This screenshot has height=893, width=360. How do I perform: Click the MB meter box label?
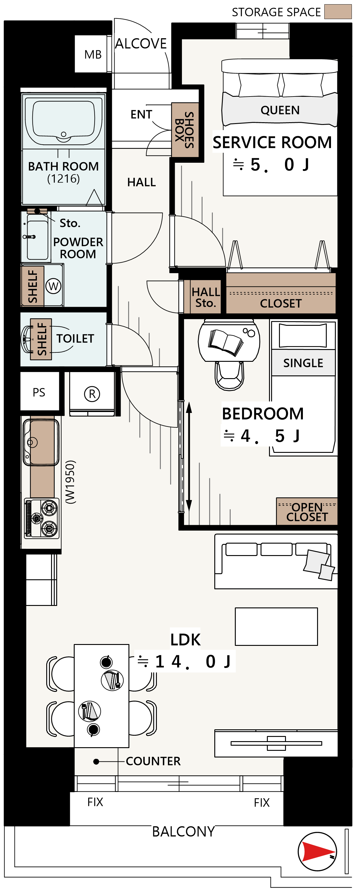[x=93, y=54]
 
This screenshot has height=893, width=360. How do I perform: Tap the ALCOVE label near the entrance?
[x=141, y=44]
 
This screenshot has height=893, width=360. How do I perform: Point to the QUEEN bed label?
[x=280, y=110]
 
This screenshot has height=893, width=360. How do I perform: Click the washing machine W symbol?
[x=54, y=286]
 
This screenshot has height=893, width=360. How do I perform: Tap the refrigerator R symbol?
[x=92, y=394]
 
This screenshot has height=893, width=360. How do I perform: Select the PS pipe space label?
[x=39, y=392]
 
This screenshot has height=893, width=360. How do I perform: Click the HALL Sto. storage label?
[x=206, y=297]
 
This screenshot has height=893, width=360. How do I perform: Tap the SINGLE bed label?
[x=303, y=363]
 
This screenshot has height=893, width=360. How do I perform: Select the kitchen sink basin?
[x=41, y=442]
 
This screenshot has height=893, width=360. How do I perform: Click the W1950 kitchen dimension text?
[x=70, y=482]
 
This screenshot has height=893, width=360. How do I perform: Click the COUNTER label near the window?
[x=153, y=761]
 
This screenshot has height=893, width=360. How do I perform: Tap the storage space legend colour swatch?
[x=338, y=11]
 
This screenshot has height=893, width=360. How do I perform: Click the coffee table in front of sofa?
[x=276, y=626]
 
